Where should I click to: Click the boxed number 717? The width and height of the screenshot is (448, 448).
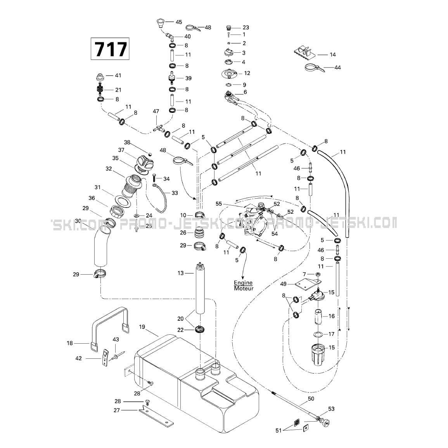[x=110, y=49]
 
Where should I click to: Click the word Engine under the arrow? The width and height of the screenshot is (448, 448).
[x=243, y=283]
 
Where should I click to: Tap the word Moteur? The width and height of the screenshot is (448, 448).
[x=244, y=288]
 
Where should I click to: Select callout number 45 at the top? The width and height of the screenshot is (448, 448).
[x=178, y=22]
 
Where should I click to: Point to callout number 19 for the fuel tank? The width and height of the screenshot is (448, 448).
[x=142, y=327]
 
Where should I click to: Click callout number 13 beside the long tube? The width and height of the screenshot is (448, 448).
[x=181, y=273]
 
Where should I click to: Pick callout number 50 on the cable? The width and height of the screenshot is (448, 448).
[x=311, y=399]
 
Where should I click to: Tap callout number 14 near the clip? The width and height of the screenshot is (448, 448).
[x=333, y=55]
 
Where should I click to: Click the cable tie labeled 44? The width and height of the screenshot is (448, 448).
[x=314, y=68]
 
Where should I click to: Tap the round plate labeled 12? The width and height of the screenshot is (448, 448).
[x=229, y=74]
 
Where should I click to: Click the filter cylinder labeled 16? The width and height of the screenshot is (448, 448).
[x=319, y=316]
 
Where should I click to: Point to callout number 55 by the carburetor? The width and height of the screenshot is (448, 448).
[x=219, y=204]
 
